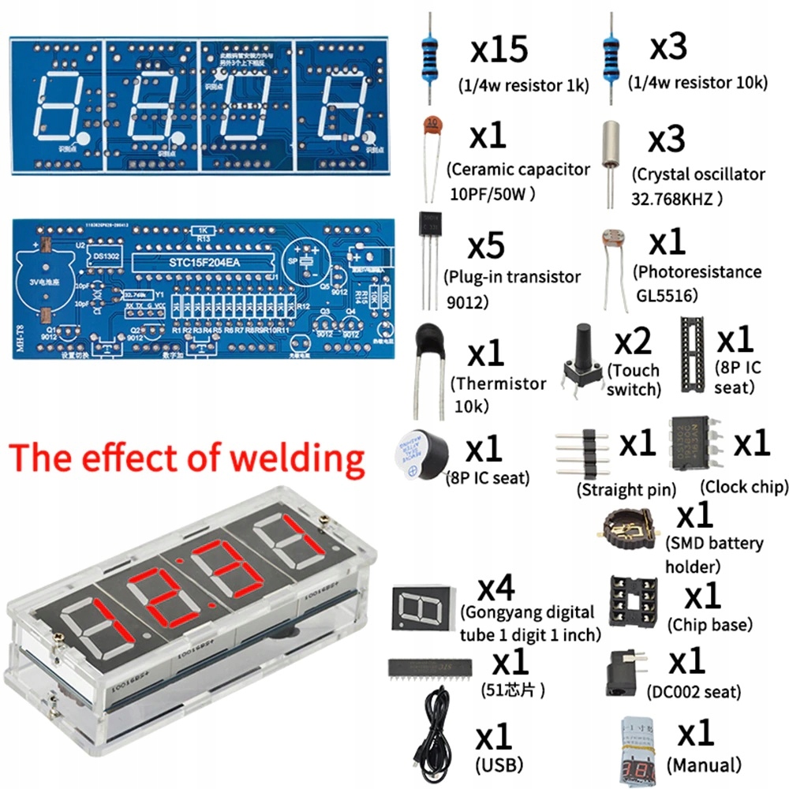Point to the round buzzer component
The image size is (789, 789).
pyautogui.click(x=419, y=455)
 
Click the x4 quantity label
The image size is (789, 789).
pyautogui.click(x=498, y=589)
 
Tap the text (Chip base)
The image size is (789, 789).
pyautogui.click(x=709, y=625)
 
